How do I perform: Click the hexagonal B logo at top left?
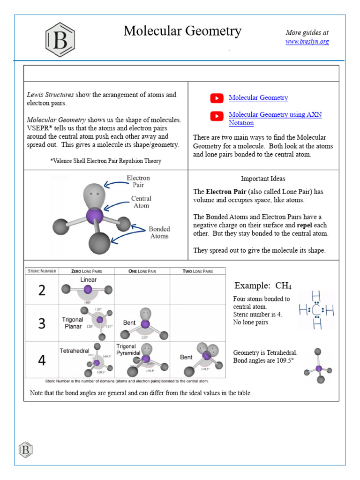pyautogui.click(x=60, y=39)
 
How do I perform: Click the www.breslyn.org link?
pyautogui.click(x=307, y=41)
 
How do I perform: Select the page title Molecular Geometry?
pyautogui.click(x=182, y=31)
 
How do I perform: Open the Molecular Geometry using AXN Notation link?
pyautogui.click(x=275, y=119)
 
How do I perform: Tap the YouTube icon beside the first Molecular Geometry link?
pyautogui.click(x=217, y=98)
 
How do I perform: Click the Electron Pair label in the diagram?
pyautogui.click(x=138, y=181)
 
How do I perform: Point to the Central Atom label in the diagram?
pyautogui.click(x=141, y=202)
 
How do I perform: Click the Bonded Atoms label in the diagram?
pyautogui.click(x=159, y=232)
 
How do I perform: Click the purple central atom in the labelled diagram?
pyautogui.click(x=95, y=216)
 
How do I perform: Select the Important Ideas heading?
pyautogui.click(x=263, y=179)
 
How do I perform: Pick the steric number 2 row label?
pyautogui.click(x=42, y=291)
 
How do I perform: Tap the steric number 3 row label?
pyautogui.click(x=42, y=323)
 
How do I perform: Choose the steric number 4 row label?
pyautogui.click(x=42, y=360)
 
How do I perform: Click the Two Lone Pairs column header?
pyautogui.click(x=197, y=271)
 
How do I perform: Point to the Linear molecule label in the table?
pyautogui.click(x=88, y=280)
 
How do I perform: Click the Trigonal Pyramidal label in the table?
pyautogui.click(x=128, y=350)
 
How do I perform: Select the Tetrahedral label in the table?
pyautogui.click(x=75, y=351)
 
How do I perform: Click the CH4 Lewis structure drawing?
pyautogui.click(x=316, y=310)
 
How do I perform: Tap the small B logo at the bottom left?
pyautogui.click(x=25, y=450)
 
